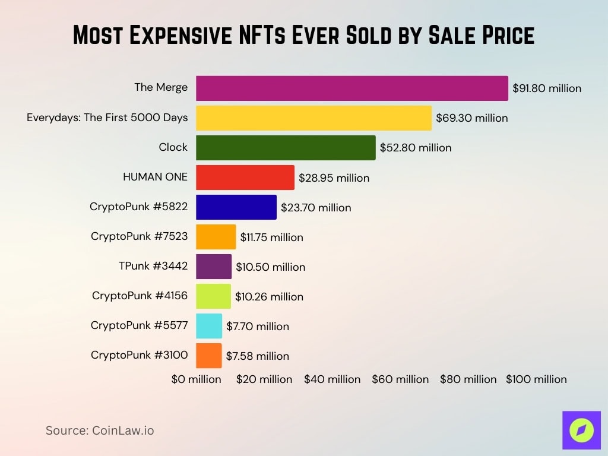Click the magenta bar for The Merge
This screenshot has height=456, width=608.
tap(352, 88)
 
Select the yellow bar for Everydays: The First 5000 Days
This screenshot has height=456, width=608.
tap(313, 118)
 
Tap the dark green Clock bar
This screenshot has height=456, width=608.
tap(286, 147)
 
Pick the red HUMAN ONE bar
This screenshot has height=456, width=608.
tap(245, 178)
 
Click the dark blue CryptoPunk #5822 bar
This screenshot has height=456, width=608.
tap(236, 207)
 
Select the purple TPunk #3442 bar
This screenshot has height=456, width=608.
tap(214, 267)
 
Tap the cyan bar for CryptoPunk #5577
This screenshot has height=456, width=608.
tap(209, 326)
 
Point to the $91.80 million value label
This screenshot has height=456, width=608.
tap(547, 88)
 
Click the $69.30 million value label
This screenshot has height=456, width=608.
tap(472, 118)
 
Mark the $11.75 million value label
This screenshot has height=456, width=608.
tap(271, 237)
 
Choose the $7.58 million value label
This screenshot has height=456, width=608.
tap(257, 356)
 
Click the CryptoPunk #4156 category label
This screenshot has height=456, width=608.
tap(140, 296)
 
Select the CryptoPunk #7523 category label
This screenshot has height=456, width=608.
tap(139, 236)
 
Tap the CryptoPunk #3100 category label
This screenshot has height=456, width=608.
tap(139, 355)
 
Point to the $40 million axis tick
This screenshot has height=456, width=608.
tap(332, 379)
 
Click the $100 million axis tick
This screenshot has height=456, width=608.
tap(536, 379)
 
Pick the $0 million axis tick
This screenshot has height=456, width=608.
tap(197, 379)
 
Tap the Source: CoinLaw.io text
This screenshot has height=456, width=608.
tap(100, 430)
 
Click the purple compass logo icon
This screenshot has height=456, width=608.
tap(581, 430)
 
